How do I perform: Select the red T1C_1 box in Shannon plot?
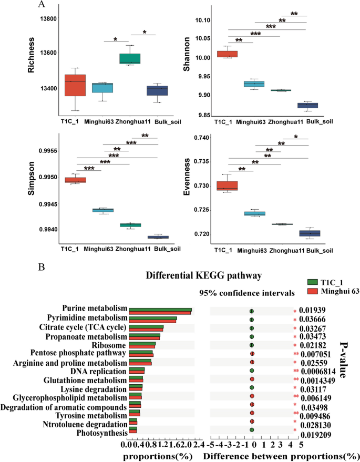(x=228, y=54)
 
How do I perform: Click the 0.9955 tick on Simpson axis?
(x=44, y=151)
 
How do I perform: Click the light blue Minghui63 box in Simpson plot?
(x=103, y=210)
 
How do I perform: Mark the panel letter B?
(x=42, y=268)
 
